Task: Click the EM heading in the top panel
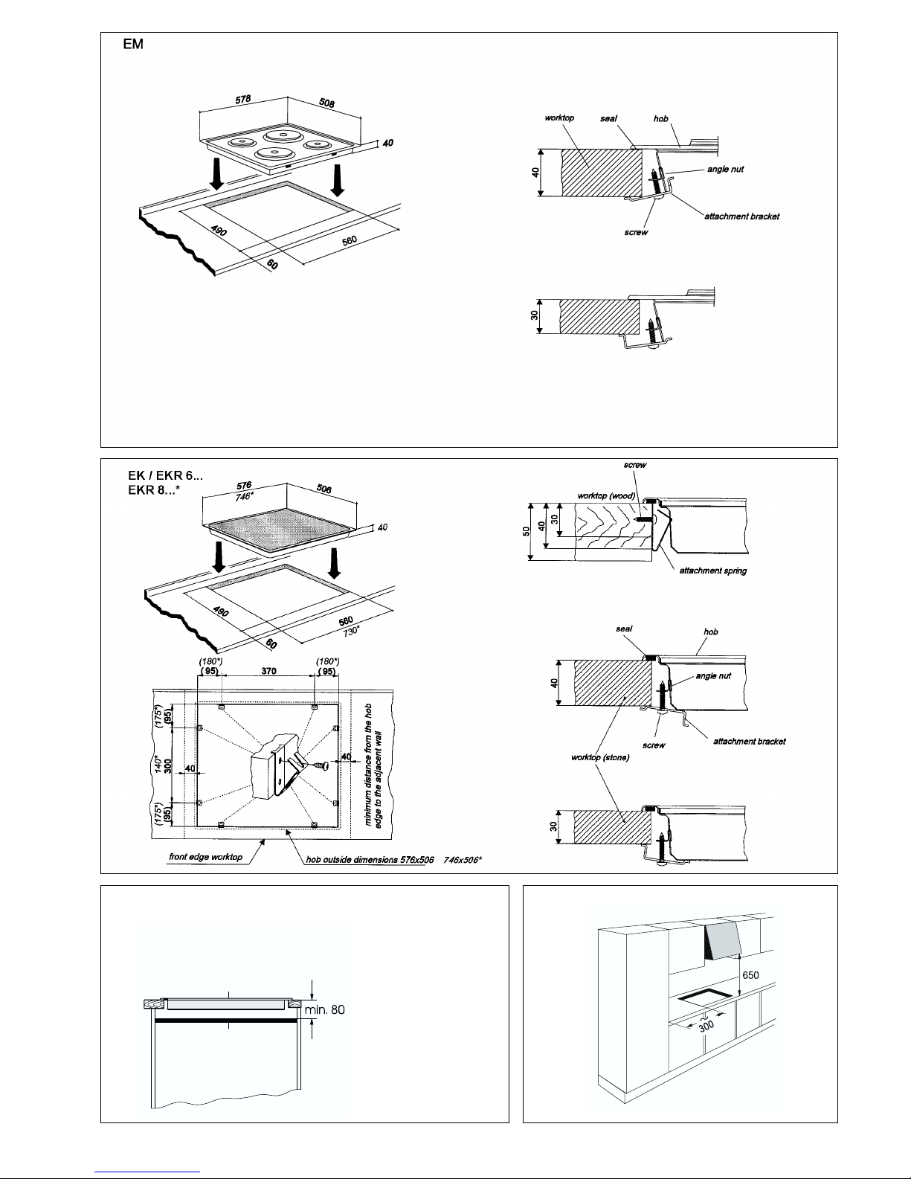click(133, 44)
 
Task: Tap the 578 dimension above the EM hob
click(243, 99)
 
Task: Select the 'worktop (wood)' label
click(606, 495)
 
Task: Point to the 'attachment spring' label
click(713, 571)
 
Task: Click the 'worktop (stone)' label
click(600, 757)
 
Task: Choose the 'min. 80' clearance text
click(324, 1009)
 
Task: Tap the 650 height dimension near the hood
click(750, 975)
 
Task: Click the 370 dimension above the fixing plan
click(269, 671)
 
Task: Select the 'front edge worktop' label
click(205, 856)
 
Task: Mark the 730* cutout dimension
click(351, 632)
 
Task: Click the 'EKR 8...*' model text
click(154, 490)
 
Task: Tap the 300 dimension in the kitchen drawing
click(706, 1026)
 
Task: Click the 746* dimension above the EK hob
click(244, 496)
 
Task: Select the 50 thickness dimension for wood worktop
click(526, 531)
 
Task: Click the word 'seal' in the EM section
click(608, 118)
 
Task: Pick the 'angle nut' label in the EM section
click(726, 169)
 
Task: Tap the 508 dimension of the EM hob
click(327, 103)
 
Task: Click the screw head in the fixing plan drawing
click(323, 765)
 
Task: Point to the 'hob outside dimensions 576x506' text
click(370, 859)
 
